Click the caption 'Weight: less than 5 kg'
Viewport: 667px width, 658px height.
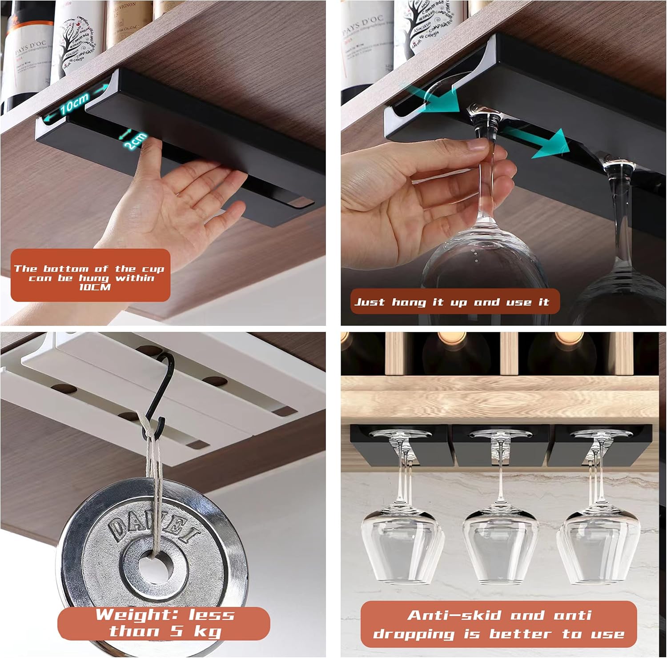click(x=164, y=623)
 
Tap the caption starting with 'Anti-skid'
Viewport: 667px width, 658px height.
click(x=498, y=624)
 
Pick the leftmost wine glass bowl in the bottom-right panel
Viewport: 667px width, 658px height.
click(x=402, y=547)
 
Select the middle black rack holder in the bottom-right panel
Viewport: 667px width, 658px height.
click(x=500, y=445)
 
